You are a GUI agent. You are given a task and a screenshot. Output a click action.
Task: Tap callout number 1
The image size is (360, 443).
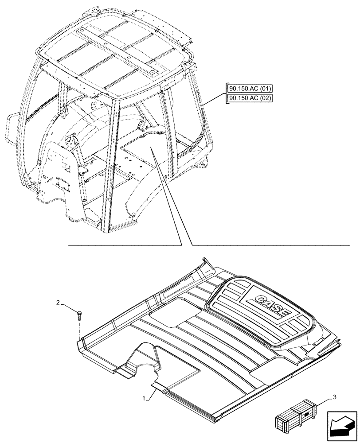pos(145,399)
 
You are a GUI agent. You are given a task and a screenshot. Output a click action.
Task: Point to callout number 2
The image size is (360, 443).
pos(58,303)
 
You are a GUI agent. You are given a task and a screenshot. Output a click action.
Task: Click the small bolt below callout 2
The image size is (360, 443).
pos(79,315)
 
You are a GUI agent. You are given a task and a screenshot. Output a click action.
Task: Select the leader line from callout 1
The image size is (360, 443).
pos(152,392)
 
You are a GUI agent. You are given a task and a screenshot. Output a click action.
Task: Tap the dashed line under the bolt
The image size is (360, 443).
pos(79,330)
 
